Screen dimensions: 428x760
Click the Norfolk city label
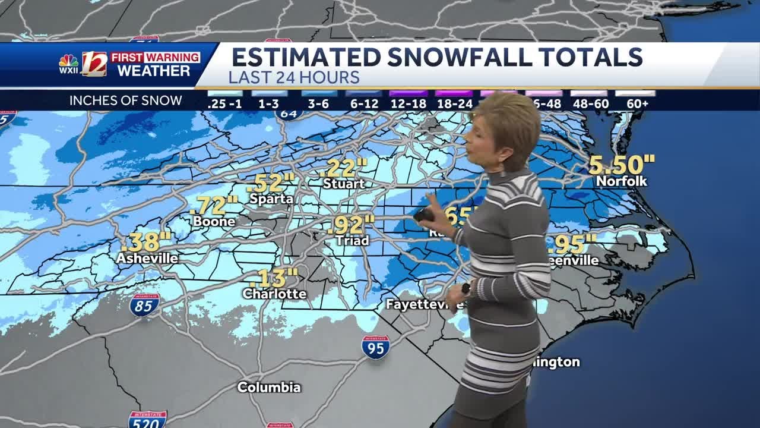click(621, 181)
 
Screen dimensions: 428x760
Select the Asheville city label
click(147, 259)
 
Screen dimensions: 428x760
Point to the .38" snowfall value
click(146, 242)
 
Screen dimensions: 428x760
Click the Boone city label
click(214, 222)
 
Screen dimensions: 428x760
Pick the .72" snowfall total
click(214, 205)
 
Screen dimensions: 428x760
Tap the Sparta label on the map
click(271, 199)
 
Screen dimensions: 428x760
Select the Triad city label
click(352, 241)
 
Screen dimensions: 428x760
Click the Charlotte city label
click(274, 294)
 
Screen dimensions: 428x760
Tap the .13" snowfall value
click(277, 278)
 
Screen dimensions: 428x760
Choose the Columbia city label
click(269, 388)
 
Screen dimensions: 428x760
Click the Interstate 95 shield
click(376, 347)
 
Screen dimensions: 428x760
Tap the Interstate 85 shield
click(145, 305)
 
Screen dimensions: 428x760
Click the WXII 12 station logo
click(83, 64)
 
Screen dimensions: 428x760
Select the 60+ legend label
click(637, 103)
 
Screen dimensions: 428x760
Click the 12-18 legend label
click(408, 103)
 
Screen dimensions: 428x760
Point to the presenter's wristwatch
click(465, 289)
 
